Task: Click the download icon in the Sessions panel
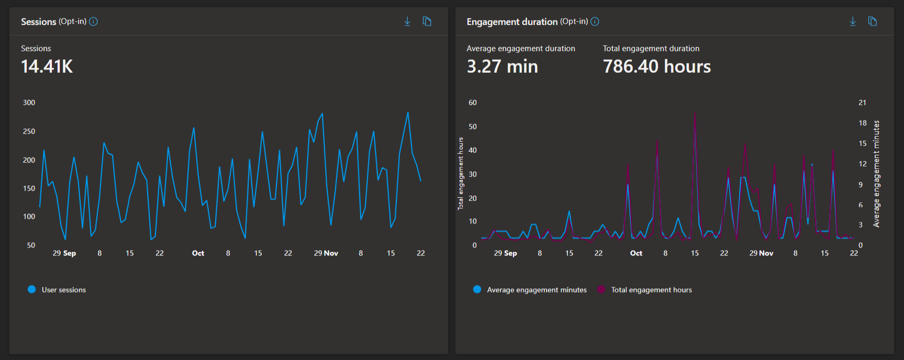(407, 21)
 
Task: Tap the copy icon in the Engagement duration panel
(873, 21)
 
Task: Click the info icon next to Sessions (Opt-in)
(93, 21)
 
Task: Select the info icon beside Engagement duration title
(595, 21)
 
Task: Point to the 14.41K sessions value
(47, 66)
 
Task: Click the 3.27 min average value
(502, 66)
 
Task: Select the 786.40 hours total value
(656, 66)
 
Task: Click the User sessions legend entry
(57, 289)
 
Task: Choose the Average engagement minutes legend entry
(530, 289)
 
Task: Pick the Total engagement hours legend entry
(645, 289)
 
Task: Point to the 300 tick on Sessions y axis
(29, 103)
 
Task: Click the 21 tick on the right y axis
(862, 103)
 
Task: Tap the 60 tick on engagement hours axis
(473, 103)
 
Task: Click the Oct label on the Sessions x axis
(198, 253)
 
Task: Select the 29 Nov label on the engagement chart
(761, 253)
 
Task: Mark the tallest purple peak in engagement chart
(695, 114)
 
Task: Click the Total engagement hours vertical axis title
(461, 174)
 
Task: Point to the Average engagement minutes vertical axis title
(876, 174)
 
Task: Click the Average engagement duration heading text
(521, 48)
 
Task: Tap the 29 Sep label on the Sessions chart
(64, 253)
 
